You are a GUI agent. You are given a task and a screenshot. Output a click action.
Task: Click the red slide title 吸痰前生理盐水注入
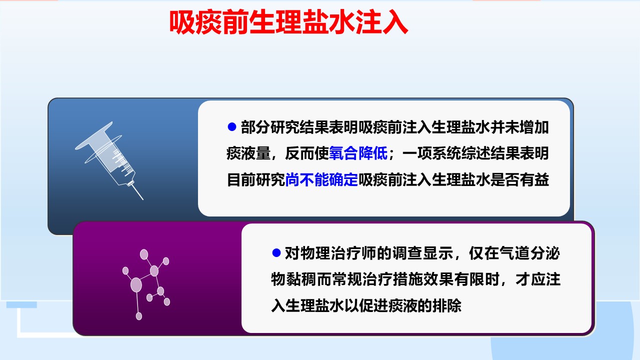(288, 22)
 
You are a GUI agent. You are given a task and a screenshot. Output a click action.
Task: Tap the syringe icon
(109, 160)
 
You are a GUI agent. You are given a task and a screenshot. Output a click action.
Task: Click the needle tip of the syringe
(142, 199)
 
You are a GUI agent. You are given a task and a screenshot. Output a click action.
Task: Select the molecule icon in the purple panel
(146, 284)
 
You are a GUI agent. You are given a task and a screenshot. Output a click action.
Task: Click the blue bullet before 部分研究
(231, 127)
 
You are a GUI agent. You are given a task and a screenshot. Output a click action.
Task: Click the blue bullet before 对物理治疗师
(276, 253)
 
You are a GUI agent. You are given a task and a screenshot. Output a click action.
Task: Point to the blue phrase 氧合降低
(358, 153)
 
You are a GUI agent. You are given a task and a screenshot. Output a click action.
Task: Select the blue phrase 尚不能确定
(321, 179)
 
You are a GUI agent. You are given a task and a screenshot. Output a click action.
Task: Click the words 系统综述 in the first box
(461, 153)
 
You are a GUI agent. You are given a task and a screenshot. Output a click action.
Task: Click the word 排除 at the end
(447, 305)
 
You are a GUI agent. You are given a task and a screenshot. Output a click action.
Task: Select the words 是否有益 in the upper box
(519, 179)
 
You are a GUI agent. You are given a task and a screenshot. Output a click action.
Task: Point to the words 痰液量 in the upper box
(248, 153)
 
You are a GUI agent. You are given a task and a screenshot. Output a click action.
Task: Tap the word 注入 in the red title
(381, 22)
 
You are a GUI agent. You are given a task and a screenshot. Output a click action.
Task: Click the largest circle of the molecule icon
(136, 285)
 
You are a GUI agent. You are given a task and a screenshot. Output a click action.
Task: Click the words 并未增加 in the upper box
(519, 127)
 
